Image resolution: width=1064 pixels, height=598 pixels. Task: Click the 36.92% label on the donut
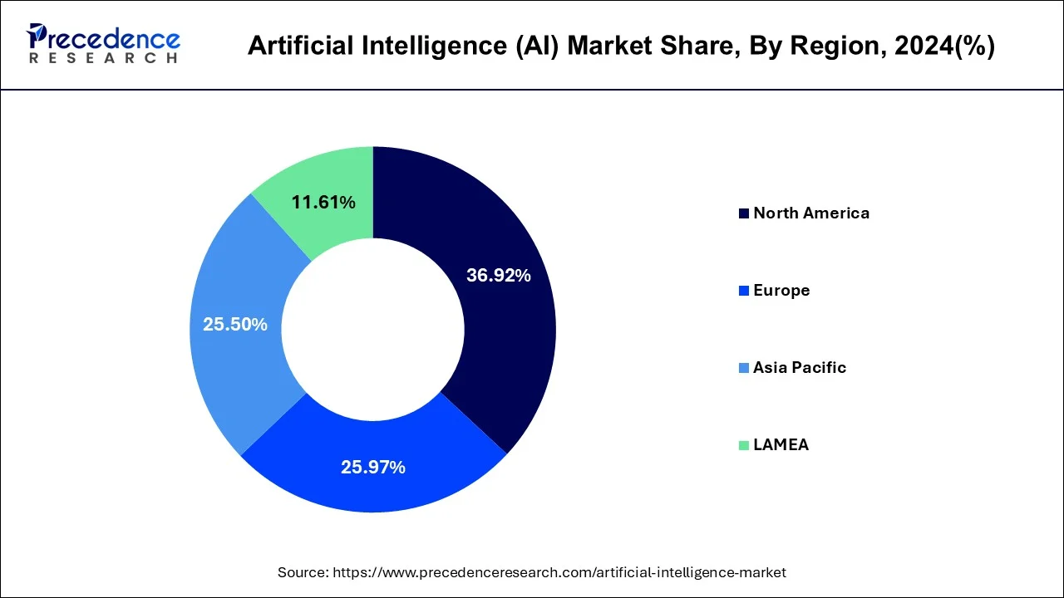pos(498,276)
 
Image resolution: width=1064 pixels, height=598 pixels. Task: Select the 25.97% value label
pos(372,468)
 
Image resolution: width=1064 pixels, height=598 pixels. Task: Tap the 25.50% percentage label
pos(235,325)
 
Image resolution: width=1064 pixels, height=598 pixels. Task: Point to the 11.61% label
pos(323,202)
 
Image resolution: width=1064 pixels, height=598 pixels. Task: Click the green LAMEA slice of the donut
pos(332,179)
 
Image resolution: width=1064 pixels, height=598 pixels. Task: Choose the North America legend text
pos(810,213)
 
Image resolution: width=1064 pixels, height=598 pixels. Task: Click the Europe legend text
pos(781,291)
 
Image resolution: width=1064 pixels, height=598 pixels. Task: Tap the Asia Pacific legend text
pos(799,368)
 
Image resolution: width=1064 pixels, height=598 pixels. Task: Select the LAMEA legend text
pos(781,445)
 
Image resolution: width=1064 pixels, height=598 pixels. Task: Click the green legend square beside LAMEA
pos(744,446)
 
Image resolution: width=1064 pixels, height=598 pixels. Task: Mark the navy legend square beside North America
pos(744,214)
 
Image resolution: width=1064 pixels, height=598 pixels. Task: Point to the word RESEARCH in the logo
pos(103,59)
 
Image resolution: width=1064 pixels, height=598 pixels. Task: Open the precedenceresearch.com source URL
pos(559,572)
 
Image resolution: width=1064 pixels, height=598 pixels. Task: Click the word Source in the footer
pos(302,572)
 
